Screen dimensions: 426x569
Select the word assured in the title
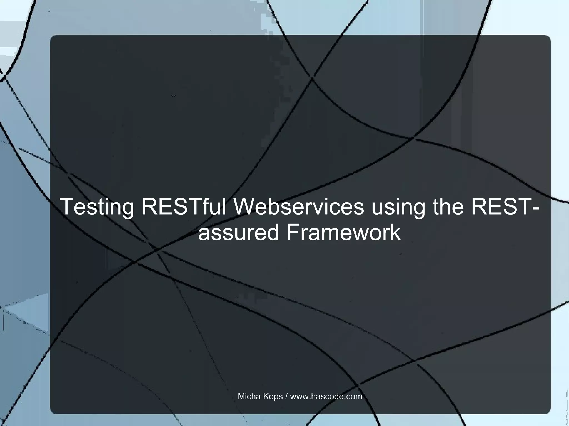238,233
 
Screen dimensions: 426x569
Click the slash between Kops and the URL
286,396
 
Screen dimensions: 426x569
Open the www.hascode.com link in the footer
326,396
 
